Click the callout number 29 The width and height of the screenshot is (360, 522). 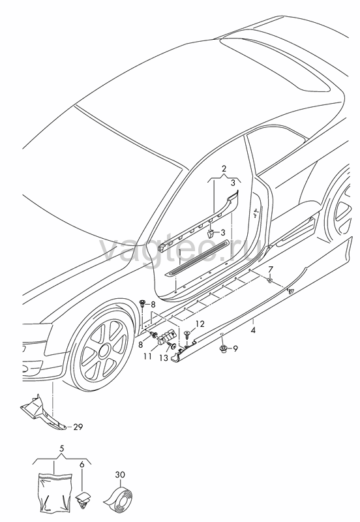[x=78, y=427]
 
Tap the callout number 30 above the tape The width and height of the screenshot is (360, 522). [x=121, y=475]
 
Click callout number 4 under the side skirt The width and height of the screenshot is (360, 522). [x=253, y=330]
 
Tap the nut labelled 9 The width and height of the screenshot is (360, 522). [x=222, y=348]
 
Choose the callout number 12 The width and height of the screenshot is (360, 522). [x=200, y=324]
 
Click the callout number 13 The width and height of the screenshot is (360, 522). [x=164, y=358]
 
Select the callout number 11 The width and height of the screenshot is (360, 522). [x=148, y=356]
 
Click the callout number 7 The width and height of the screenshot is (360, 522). [x=270, y=269]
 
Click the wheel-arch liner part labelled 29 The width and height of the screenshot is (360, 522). [x=42, y=412]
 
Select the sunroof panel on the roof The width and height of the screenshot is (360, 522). [x=278, y=60]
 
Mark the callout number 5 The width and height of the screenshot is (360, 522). [x=61, y=448]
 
